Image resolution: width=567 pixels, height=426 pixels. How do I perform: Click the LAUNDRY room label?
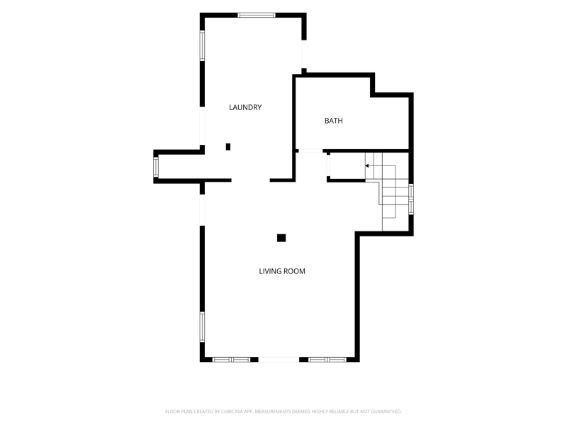click(245, 107)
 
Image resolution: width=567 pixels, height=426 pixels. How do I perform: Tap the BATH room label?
click(333, 121)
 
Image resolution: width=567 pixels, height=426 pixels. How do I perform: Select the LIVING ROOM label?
click(282, 271)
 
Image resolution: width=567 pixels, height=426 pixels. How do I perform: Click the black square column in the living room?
click(281, 238)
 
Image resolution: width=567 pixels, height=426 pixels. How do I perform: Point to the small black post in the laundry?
click(228, 147)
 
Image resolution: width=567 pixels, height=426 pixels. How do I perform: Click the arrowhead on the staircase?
click(366, 166)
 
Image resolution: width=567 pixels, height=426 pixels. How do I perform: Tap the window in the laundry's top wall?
click(257, 15)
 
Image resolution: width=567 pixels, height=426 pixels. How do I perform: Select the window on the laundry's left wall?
click(202, 45)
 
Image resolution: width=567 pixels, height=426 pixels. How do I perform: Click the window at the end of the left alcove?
click(156, 167)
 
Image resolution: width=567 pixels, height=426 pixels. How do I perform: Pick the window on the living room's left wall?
click(202, 327)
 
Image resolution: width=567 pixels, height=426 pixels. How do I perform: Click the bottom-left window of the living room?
click(231, 360)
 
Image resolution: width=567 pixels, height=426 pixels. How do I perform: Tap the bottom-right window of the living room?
click(327, 360)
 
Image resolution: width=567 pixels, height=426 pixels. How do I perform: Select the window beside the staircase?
click(411, 200)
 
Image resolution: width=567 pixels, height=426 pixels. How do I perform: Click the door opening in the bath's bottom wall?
click(310, 151)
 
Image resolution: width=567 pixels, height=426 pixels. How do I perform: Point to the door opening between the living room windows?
click(279, 360)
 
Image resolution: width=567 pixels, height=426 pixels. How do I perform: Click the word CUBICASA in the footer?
click(232, 412)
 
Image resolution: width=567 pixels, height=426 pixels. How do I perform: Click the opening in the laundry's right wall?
click(304, 54)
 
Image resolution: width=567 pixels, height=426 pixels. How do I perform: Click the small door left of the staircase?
click(328, 165)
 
